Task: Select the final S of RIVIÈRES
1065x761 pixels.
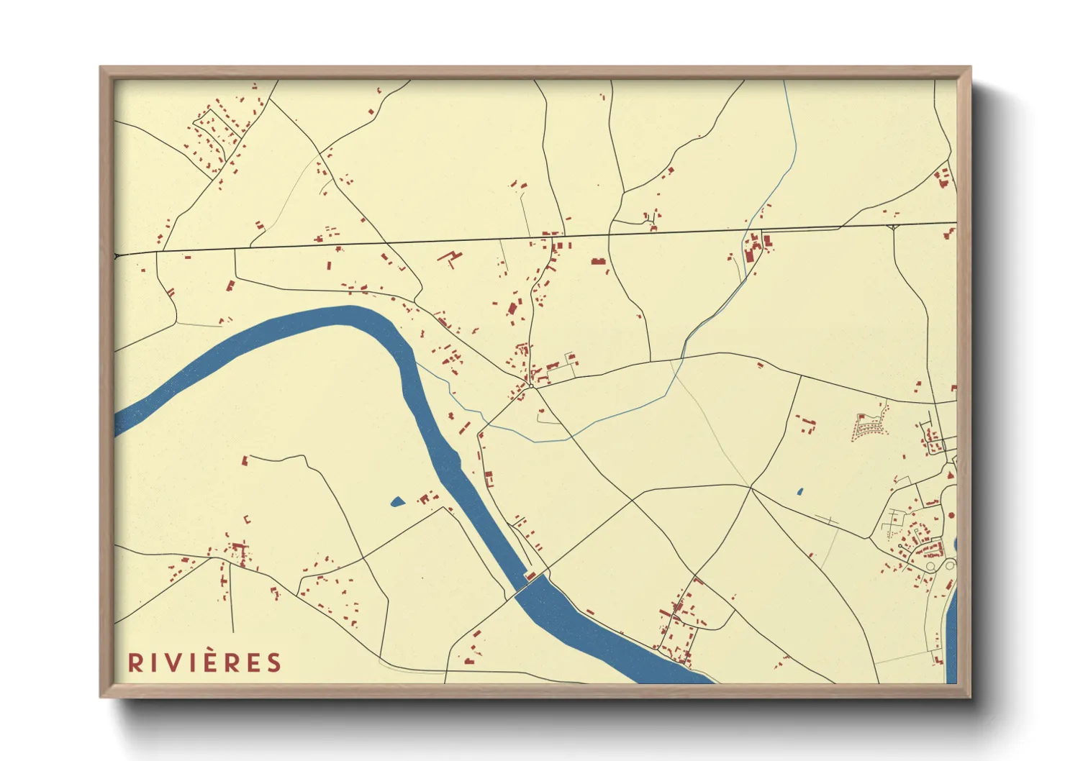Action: coord(273,662)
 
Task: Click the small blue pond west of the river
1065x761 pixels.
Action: coord(397,502)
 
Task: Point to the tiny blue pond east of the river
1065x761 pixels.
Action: coord(800,492)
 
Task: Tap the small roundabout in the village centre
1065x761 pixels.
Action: coord(531,386)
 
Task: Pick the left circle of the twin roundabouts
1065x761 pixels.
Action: coord(930,567)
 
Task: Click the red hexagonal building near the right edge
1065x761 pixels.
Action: coord(951,516)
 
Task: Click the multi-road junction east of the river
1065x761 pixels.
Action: coord(751,488)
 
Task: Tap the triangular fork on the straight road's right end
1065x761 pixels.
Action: coord(893,227)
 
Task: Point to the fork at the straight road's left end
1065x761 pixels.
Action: coord(118,255)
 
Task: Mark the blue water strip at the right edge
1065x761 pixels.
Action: coord(951,633)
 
